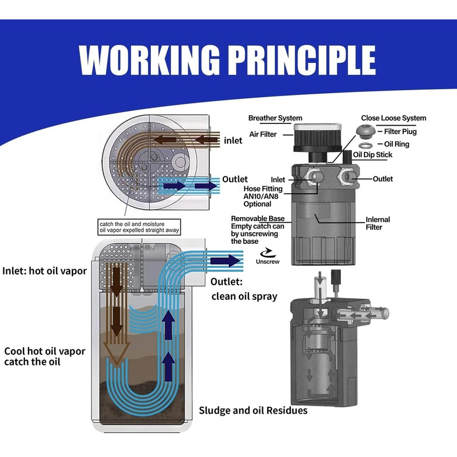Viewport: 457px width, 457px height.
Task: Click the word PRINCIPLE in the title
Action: (296, 59)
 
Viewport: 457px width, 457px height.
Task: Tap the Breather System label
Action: (275, 118)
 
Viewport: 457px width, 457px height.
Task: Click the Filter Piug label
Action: (400, 131)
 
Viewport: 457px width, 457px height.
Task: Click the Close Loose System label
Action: (394, 118)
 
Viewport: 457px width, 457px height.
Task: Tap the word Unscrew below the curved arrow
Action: (267, 262)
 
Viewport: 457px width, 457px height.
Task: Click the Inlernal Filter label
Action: (378, 224)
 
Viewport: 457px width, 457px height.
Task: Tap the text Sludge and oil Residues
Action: (253, 411)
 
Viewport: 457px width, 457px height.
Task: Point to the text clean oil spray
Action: (244, 296)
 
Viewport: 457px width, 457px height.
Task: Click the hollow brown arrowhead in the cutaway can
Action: (117, 354)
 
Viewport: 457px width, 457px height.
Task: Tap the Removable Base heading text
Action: (257, 218)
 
